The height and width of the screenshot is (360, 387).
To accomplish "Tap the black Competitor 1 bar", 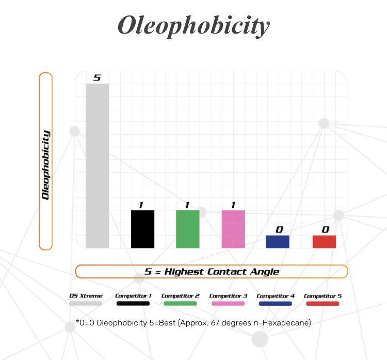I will click(x=142, y=229).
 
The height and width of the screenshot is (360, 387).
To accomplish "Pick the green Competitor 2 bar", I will click(x=188, y=229).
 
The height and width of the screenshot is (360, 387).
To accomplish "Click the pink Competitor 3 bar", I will click(x=233, y=229).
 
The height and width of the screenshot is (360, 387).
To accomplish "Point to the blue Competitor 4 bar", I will click(x=278, y=241).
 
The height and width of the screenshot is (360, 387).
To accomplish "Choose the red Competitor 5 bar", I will click(x=324, y=241).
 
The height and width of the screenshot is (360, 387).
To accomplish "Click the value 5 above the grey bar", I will click(x=97, y=78).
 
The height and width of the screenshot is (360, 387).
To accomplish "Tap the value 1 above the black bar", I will click(x=140, y=205).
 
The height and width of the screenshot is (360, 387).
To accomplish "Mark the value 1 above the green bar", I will click(x=187, y=205).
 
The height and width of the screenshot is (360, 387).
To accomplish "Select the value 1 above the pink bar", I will click(x=233, y=205).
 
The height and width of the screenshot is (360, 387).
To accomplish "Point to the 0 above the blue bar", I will click(x=279, y=230).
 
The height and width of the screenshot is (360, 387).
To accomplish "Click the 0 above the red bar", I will click(x=325, y=230).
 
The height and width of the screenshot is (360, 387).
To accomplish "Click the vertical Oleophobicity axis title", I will click(x=46, y=165).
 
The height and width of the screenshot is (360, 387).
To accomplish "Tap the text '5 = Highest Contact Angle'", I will click(x=212, y=271).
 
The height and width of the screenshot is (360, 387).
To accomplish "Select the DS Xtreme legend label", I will click(x=86, y=296).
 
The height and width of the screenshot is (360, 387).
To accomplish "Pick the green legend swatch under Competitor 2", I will click(x=180, y=303).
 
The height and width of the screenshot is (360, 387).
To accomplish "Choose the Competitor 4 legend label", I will click(x=276, y=296).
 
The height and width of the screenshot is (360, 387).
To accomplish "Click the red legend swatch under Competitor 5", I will click(x=322, y=303).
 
